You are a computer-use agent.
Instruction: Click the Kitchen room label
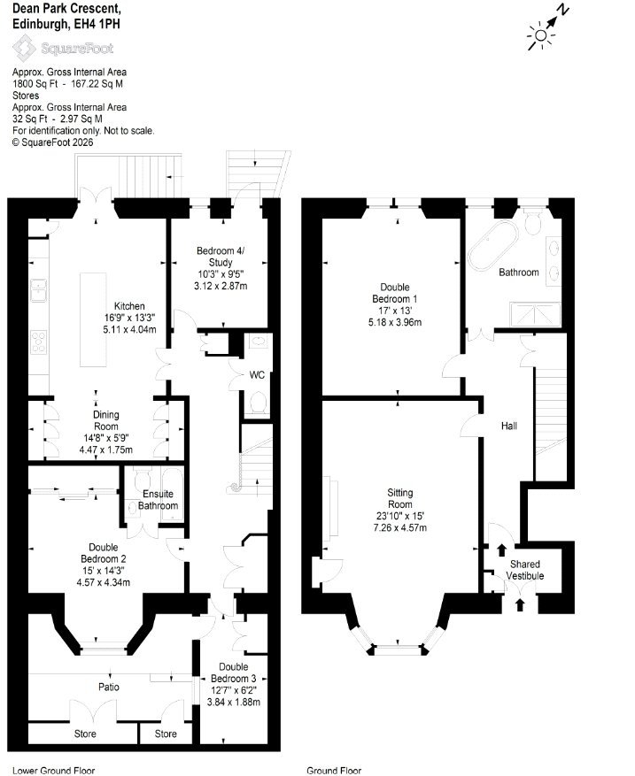tap(129, 306)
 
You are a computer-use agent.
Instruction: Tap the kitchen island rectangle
tap(94, 319)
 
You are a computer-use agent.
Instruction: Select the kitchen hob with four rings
tap(39, 342)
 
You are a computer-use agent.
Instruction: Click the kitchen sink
tap(39, 289)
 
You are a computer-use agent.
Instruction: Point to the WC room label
tap(257, 375)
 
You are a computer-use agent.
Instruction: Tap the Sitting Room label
tap(399, 498)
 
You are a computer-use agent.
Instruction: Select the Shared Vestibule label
tap(524, 570)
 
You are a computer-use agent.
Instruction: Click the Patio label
tap(108, 687)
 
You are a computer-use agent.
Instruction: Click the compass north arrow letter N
tap(562, 10)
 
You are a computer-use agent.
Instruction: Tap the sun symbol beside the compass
tap(541, 35)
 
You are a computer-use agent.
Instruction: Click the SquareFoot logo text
tap(77, 48)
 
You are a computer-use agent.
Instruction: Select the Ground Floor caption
tap(334, 770)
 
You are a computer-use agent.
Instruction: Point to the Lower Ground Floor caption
tap(53, 770)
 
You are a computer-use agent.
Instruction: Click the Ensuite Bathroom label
tap(158, 499)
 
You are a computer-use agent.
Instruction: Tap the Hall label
tap(509, 426)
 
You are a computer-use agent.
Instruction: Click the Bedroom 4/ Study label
tap(221, 257)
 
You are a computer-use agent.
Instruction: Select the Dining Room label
tap(106, 420)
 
